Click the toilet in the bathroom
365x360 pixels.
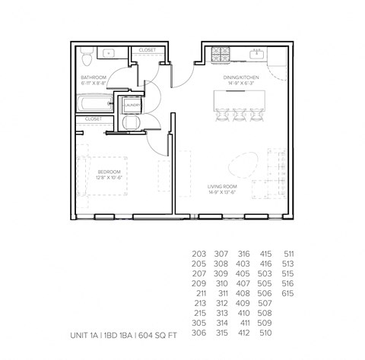tap(87, 55)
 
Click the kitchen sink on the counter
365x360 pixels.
tap(257, 54)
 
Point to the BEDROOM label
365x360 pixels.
tap(109, 172)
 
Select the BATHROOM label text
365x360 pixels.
tap(94, 77)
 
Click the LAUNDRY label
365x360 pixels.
tap(131, 106)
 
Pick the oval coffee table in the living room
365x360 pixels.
tap(240, 162)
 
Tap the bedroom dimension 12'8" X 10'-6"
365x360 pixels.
tap(109, 178)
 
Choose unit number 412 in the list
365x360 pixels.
tap(243, 332)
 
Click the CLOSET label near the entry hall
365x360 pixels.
tap(147, 50)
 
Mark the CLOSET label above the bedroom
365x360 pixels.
tap(94, 119)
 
